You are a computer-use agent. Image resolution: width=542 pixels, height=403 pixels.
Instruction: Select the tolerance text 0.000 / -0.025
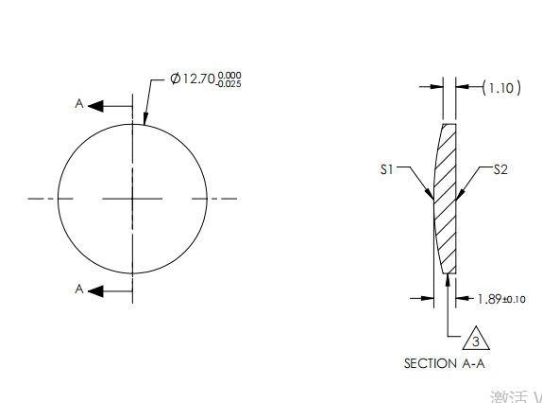228,79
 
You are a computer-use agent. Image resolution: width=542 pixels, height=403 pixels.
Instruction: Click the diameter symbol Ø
175,79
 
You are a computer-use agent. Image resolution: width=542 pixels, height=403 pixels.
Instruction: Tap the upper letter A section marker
79,105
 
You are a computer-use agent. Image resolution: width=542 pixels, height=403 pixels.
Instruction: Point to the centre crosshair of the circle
133,199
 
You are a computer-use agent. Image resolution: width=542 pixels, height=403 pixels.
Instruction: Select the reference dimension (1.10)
500,88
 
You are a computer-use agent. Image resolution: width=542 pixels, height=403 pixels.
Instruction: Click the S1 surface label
385,169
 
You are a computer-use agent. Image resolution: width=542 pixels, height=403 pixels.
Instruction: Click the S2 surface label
500,169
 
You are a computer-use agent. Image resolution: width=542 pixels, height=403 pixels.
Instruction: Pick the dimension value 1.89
488,299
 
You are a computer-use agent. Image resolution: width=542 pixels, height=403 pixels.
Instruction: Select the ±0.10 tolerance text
513,300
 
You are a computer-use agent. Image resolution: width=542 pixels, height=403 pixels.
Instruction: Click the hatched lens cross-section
446,199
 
